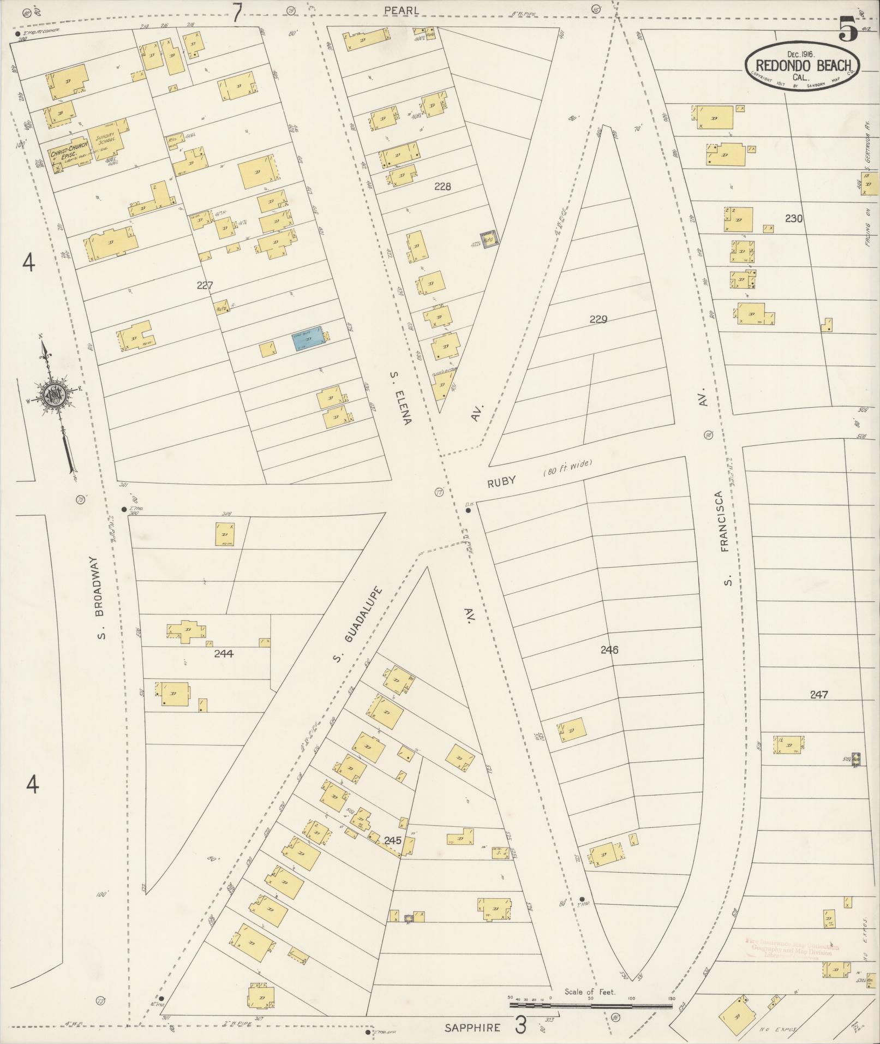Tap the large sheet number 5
[848, 28]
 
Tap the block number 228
[442, 186]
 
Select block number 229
[598, 319]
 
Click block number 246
[609, 649]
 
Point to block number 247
[818, 695]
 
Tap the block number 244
[224, 653]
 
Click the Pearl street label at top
[401, 10]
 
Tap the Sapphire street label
[472, 1028]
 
